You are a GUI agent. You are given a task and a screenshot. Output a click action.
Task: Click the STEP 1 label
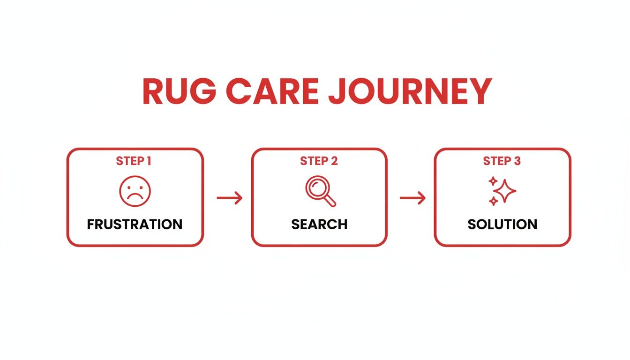134,161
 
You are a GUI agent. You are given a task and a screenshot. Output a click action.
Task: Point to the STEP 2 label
319,161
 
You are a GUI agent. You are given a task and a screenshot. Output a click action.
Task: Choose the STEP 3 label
502,161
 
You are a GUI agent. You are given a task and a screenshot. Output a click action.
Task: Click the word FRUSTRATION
135,224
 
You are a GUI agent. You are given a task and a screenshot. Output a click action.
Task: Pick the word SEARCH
319,224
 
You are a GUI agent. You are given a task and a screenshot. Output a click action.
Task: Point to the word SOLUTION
502,224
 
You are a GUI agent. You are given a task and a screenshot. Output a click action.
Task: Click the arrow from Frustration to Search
230,198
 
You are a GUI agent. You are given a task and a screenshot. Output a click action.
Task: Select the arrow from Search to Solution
412,198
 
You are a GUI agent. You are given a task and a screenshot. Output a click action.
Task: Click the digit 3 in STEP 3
517,161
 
